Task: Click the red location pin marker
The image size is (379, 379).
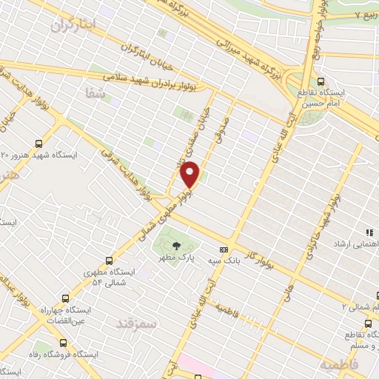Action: (190, 174)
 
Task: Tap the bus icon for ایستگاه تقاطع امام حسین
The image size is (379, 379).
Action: (321, 81)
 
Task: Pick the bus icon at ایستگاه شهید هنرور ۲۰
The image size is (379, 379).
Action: (39, 145)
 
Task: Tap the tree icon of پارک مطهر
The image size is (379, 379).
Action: (175, 246)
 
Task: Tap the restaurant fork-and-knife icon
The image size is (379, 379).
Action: (369, 233)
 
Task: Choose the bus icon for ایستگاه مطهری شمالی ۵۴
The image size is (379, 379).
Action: (110, 261)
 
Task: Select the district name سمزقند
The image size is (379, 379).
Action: (136, 323)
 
